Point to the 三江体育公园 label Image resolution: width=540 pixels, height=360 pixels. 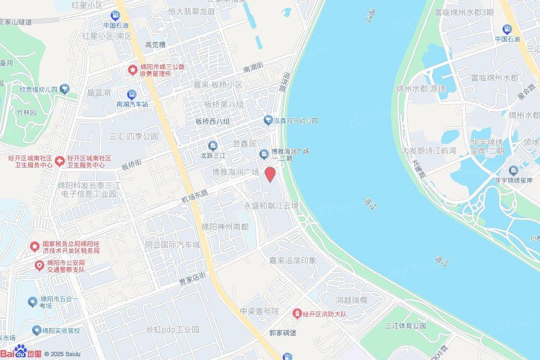406,326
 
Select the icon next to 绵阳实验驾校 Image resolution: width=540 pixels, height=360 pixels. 36,330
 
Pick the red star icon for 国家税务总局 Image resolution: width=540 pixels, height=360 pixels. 35,246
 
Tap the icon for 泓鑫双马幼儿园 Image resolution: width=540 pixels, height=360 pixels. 268,121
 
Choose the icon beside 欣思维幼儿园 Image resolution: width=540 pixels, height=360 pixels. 65,88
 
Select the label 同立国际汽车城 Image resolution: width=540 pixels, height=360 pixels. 172,245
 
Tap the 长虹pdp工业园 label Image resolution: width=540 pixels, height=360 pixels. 172,329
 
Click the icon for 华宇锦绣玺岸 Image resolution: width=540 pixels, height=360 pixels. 514,170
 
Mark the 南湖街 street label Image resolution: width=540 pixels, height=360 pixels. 257,68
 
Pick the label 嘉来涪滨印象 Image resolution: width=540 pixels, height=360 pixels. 293,260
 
